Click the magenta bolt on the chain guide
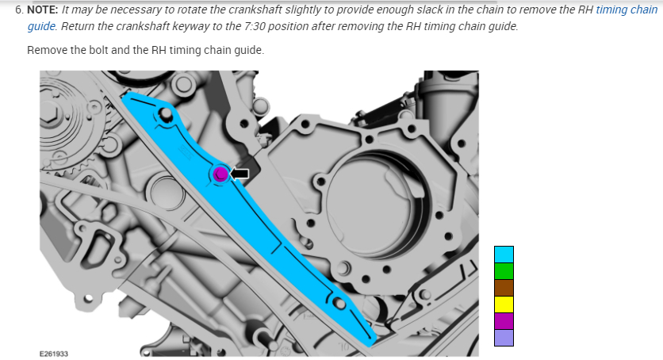pos(220,174)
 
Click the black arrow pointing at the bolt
pos(240,173)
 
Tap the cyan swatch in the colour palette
pos(504,255)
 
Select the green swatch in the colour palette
pos(504,271)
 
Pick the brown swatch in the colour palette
pos(504,288)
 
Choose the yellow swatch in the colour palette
pos(504,304)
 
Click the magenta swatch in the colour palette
pos(504,321)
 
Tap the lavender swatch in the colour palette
pos(504,338)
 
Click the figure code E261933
pos(54,354)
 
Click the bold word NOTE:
pos(43,10)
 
